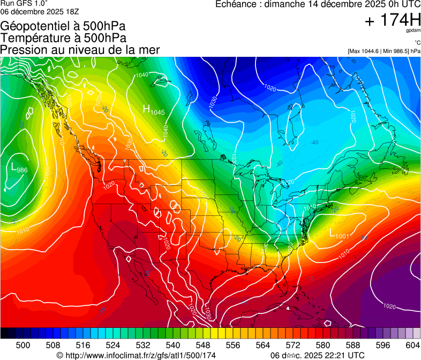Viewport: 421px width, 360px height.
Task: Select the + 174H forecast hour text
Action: [393, 20]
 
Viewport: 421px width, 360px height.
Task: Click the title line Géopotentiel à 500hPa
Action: [63, 26]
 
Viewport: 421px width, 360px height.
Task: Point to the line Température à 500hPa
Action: [63, 38]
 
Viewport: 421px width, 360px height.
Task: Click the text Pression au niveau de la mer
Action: [80, 50]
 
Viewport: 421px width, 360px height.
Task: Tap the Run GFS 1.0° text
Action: [24, 3]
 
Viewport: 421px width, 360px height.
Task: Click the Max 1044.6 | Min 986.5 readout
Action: [384, 51]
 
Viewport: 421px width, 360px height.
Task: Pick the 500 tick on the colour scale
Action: [23, 344]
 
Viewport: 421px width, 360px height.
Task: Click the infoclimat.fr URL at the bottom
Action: [136, 355]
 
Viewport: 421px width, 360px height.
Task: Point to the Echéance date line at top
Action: [318, 4]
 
